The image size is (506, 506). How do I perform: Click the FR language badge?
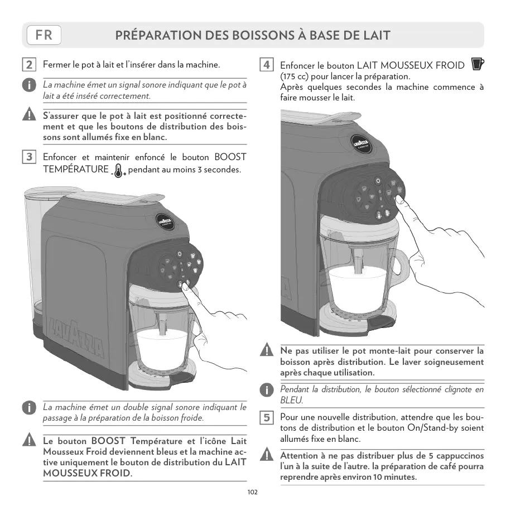click(x=44, y=35)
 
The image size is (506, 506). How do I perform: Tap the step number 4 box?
click(x=267, y=65)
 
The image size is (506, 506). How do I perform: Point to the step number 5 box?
click(x=267, y=417)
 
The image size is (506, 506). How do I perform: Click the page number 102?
click(x=253, y=492)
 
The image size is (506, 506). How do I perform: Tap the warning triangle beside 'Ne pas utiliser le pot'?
click(x=267, y=351)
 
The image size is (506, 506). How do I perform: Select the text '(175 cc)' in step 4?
click(x=296, y=76)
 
